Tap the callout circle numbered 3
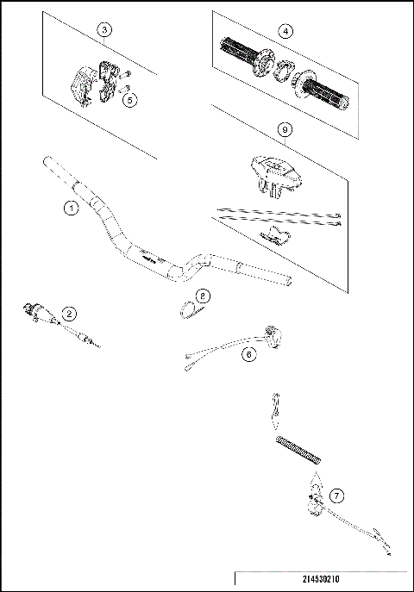click(x=104, y=30)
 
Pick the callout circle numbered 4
click(x=286, y=31)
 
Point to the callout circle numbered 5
click(x=130, y=100)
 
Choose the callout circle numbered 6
click(x=248, y=353)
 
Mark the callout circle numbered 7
click(x=337, y=495)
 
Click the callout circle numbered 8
click(x=202, y=296)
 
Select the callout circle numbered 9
click(x=285, y=129)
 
